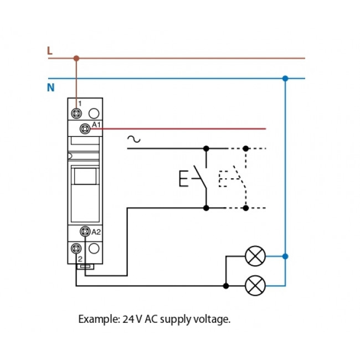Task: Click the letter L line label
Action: click(x=50, y=51)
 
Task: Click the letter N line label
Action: click(x=51, y=88)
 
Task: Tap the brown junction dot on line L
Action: click(x=76, y=58)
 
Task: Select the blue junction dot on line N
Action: click(x=285, y=78)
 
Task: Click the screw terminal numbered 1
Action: click(x=76, y=112)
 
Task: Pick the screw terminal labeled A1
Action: click(x=85, y=128)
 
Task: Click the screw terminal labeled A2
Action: click(x=85, y=232)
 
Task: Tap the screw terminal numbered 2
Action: click(x=76, y=248)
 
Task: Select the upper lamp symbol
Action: click(x=255, y=256)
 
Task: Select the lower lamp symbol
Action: click(x=255, y=286)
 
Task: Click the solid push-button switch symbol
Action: click(x=194, y=178)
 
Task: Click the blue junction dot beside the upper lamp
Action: click(x=285, y=256)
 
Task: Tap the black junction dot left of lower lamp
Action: click(x=225, y=286)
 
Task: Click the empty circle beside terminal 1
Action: click(x=94, y=112)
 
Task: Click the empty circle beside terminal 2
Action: click(x=94, y=248)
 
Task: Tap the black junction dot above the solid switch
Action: click(x=206, y=148)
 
